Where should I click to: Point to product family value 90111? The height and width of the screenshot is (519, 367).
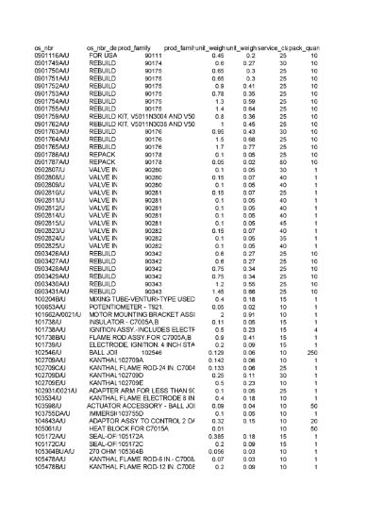(153, 56)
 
